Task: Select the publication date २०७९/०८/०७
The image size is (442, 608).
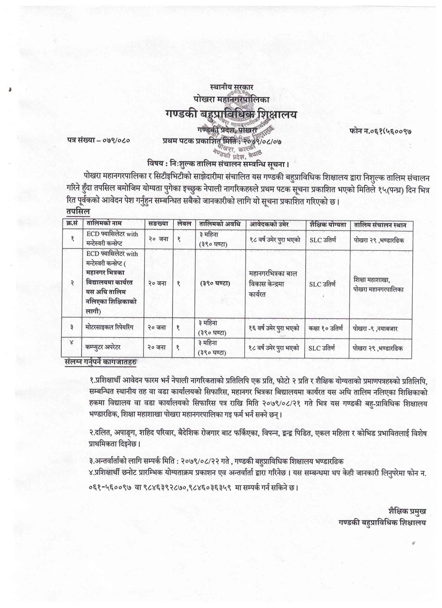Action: pos(262,141)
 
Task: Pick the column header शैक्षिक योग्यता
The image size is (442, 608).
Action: pos(328,225)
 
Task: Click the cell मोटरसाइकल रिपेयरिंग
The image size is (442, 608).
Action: pos(109,327)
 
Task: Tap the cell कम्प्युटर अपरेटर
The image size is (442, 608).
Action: pos(103,347)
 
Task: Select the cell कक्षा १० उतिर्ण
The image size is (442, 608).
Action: pos(326,328)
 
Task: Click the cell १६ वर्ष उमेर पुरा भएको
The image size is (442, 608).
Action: pos(274,328)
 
